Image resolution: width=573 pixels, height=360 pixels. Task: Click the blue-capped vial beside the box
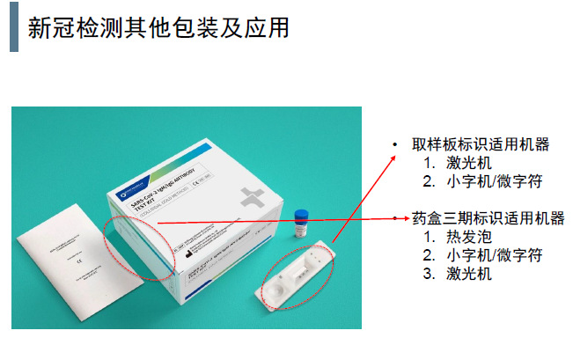(303, 221)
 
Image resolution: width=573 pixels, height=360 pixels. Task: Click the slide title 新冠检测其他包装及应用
(158, 28)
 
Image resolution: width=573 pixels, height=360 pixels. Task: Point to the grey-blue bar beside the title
(13, 28)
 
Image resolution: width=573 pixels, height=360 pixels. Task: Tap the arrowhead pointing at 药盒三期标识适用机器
(403, 217)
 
